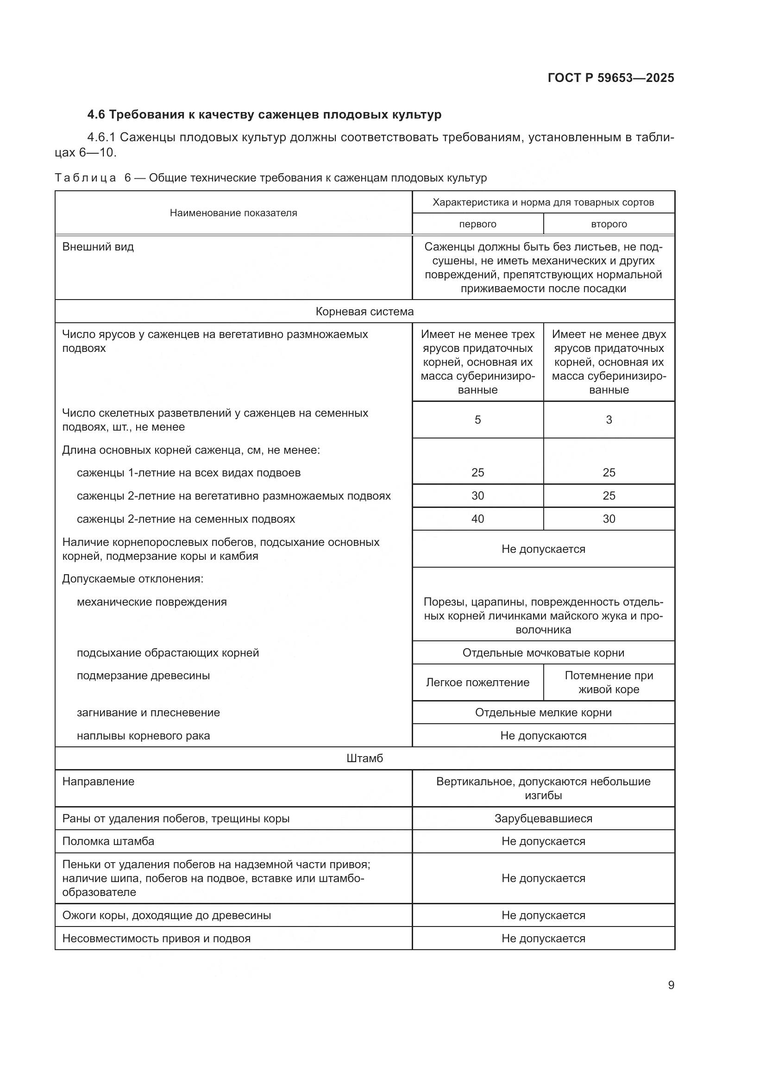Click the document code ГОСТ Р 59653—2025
pos(610,78)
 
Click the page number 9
pos(671,985)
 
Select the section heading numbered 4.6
pos(264,115)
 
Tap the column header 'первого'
pos(477,224)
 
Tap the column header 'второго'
pos(609,224)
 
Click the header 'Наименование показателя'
pos(233,213)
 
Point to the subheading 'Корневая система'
pos(364,311)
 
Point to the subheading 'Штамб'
pos(364,758)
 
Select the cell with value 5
pos(477,419)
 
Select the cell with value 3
pos(609,419)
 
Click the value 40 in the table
pos(477,519)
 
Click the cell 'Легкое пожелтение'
pos(477,682)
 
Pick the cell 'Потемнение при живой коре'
pos(609,682)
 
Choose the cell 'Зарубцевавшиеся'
pos(543,818)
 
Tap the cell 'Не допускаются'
pos(543,735)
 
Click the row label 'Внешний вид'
pos(98,247)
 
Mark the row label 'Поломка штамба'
pos(108,841)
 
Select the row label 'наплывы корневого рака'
pos(143,735)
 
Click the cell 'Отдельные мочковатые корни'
pos(543,652)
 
